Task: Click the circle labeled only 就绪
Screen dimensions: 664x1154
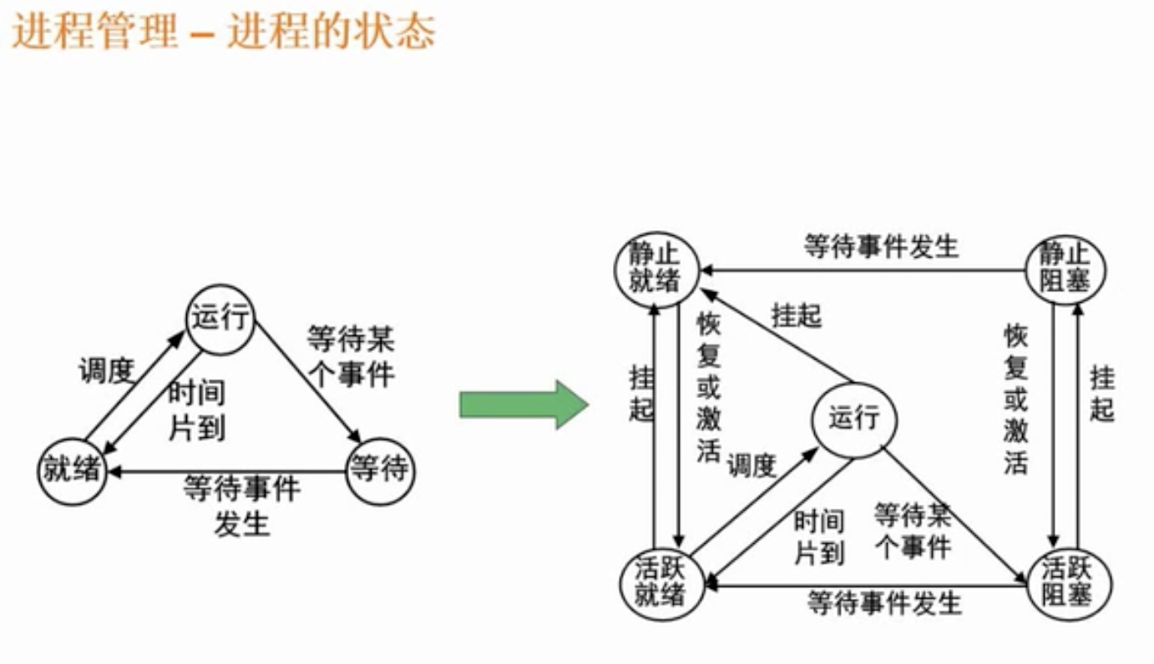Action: [72, 471]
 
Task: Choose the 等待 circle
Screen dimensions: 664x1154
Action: [380, 471]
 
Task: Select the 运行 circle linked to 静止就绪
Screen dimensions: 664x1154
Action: [853, 419]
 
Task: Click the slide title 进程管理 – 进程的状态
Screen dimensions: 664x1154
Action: [224, 34]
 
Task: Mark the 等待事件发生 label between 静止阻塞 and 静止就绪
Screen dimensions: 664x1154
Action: [880, 247]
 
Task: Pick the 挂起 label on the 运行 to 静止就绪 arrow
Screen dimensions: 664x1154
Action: [797, 316]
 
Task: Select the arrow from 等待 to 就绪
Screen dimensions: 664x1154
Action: [225, 473]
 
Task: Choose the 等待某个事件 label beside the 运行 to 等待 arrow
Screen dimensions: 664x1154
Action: [350, 356]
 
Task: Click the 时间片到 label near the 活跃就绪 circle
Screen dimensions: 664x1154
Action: [818, 538]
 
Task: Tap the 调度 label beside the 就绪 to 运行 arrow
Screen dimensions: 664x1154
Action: [106, 371]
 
